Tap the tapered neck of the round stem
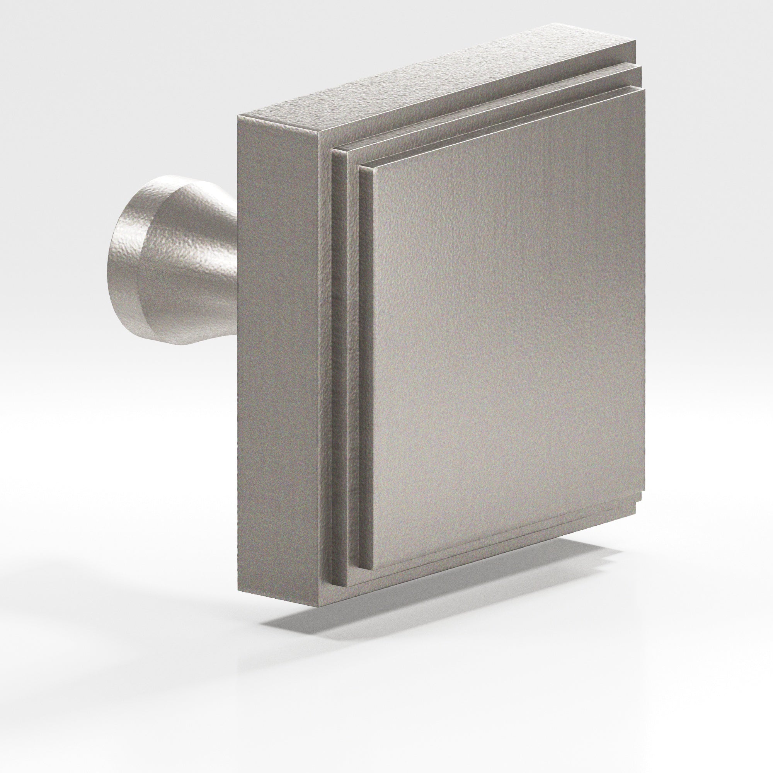pos(192,260)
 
